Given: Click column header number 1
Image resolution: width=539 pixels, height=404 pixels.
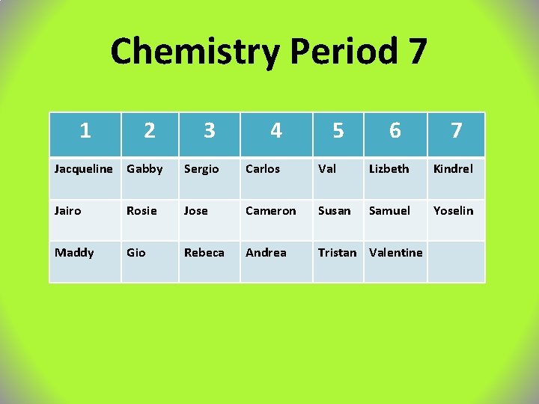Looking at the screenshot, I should point(85,131).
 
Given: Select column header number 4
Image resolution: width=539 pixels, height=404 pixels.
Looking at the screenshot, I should point(276,131).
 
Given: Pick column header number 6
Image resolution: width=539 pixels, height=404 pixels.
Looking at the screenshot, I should point(395,131).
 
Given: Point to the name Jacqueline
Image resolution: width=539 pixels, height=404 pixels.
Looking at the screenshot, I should point(83,169).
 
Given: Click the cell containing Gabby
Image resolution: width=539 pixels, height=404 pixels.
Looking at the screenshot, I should point(144,169).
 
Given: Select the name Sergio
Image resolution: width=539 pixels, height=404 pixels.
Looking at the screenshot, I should point(201,169).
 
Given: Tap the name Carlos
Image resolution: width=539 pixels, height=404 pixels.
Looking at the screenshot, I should point(263,169).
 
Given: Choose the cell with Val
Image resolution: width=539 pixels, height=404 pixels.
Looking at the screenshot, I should point(327,169).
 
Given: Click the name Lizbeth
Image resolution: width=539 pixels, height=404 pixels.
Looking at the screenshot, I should point(389,169).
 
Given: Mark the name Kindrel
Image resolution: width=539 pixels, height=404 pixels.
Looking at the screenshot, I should point(453,169).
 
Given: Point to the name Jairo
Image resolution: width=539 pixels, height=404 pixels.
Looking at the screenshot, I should point(67,211).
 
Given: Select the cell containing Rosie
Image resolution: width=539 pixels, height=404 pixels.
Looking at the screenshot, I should point(142,211).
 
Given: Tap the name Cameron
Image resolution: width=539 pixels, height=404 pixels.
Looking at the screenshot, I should point(271,211).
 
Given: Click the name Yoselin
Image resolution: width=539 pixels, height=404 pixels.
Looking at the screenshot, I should point(454,211).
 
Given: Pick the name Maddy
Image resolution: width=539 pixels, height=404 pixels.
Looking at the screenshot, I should point(74,253).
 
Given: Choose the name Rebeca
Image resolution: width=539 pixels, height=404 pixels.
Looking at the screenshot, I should point(204,253).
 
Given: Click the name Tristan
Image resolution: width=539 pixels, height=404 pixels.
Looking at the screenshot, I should point(337,253).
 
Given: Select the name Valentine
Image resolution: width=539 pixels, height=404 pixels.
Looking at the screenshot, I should point(396,253).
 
